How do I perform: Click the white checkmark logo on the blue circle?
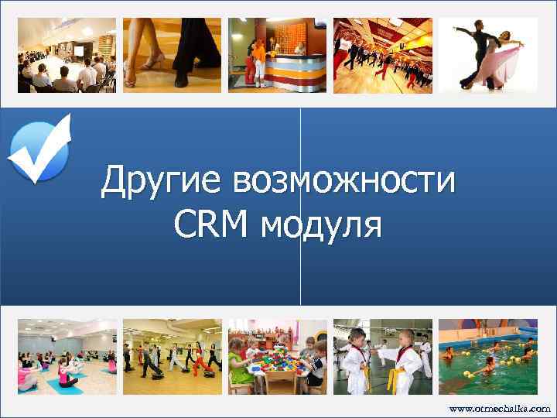coord(39,149)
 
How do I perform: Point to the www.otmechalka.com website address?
coord(500,407)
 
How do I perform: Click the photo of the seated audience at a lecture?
coord(67,55)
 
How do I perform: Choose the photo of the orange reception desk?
coord(277,55)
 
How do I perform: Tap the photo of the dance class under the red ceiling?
coord(382,55)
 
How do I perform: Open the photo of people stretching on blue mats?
coord(67,357)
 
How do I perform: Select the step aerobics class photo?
coord(172,357)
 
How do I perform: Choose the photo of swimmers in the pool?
coord(487,357)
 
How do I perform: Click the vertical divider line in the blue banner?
coord(300,209)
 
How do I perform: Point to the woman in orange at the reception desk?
coord(260,58)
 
